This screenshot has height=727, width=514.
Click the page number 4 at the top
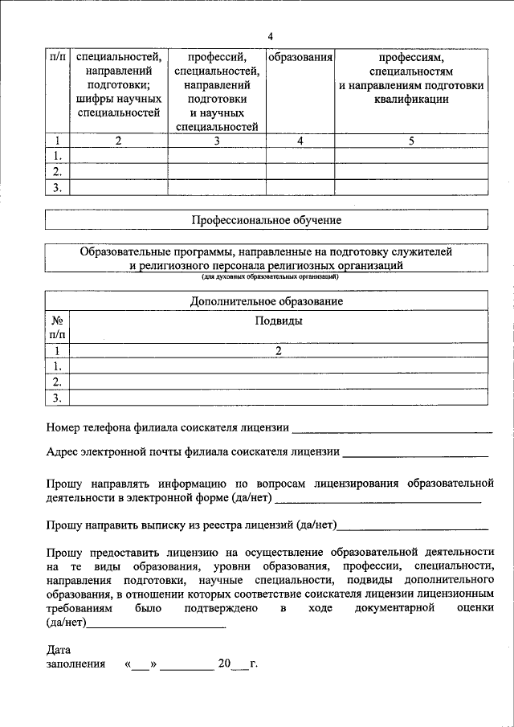[271, 37]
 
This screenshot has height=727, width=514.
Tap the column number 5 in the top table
[411, 141]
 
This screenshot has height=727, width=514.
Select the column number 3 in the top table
[216, 141]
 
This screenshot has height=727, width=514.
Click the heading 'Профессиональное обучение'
[266, 219]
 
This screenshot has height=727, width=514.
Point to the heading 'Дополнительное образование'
[266, 301]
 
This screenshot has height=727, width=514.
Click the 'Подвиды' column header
[279, 321]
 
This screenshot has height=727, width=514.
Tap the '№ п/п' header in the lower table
[56, 326]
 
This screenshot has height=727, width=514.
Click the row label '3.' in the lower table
[56, 398]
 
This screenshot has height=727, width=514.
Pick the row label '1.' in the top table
[56, 156]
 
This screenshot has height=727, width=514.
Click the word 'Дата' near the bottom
[59, 650]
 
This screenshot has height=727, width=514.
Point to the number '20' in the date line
[224, 664]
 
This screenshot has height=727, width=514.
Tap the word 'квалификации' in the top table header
[410, 99]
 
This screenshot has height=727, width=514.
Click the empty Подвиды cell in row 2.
[279, 382]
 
